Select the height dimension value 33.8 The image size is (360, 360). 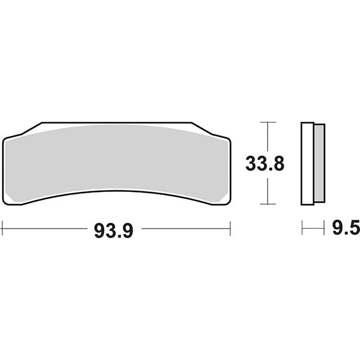click(x=265, y=163)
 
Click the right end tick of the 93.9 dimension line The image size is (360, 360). click(x=230, y=228)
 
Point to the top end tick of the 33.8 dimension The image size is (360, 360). click(x=268, y=122)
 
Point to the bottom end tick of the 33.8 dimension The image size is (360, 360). click(x=268, y=204)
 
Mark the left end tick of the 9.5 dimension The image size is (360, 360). click(x=302, y=228)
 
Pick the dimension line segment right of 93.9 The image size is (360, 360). click(x=186, y=228)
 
